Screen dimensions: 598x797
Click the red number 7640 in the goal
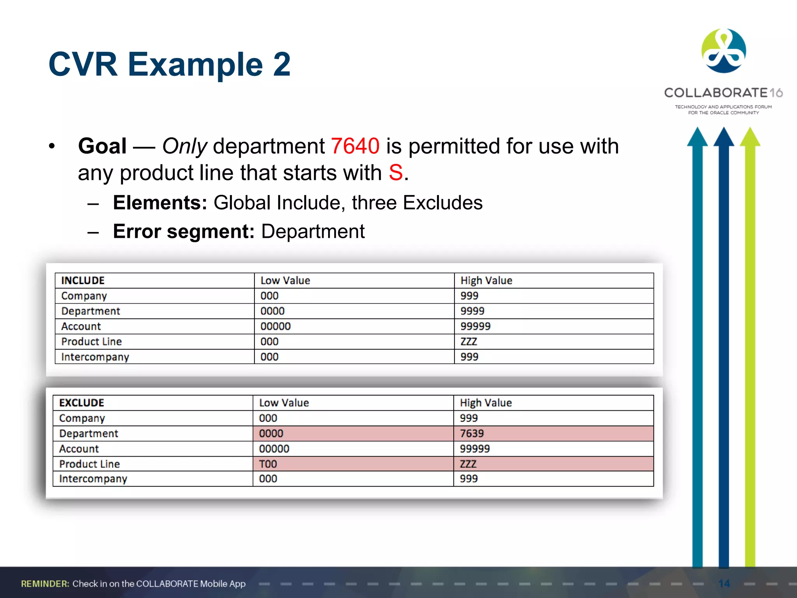tap(355, 146)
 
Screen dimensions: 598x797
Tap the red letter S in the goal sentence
tap(396, 173)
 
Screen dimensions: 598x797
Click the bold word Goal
tap(102, 146)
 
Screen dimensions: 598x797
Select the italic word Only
tap(184, 146)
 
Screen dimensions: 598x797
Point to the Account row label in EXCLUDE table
tap(79, 448)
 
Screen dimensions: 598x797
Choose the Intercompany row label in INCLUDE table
tap(95, 357)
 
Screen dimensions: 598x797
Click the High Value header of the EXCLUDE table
tap(486, 403)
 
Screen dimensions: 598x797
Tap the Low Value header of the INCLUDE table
tap(285, 280)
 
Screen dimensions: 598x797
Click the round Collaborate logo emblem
tap(723, 51)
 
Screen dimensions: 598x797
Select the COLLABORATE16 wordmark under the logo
tap(723, 93)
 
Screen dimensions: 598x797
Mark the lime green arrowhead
tap(750, 137)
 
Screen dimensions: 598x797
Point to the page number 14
tap(724, 584)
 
